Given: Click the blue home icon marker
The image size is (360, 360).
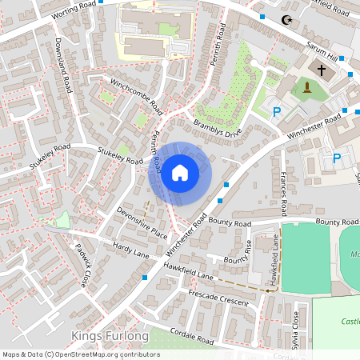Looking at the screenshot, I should (180, 173).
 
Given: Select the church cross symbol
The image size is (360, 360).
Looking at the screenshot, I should (322, 70).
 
